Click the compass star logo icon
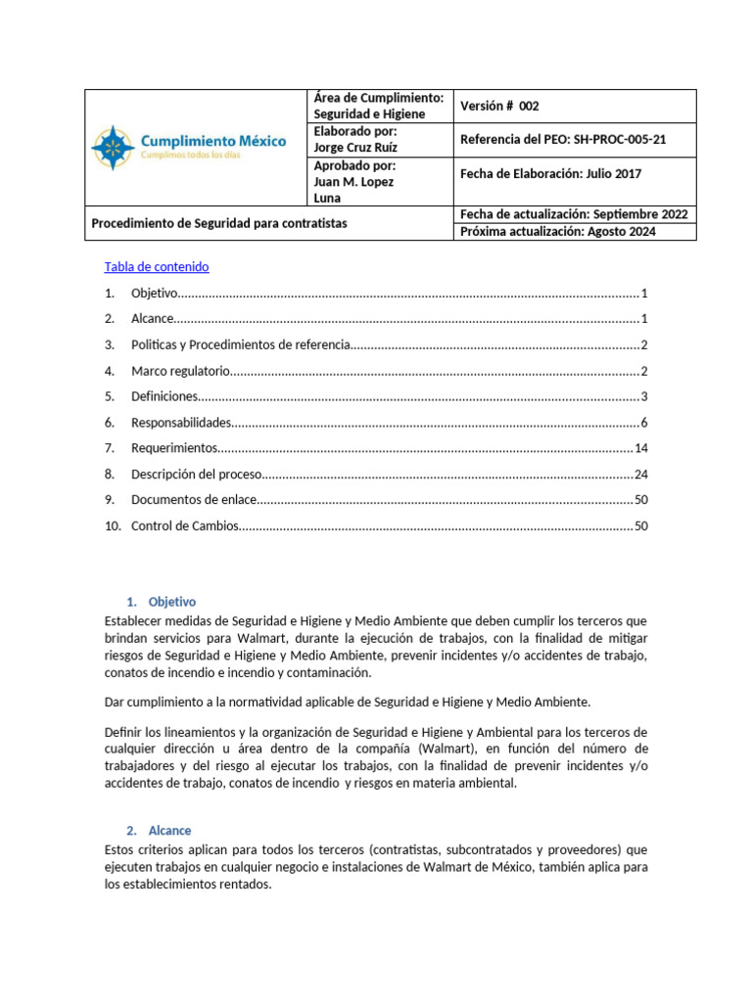coord(114,147)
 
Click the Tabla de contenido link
coord(157,267)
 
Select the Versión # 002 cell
coord(499,106)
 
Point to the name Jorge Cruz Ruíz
coord(355,148)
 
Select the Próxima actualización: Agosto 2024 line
coord(558,232)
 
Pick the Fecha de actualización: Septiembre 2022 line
coord(573,214)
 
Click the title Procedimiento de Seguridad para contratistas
coord(218,223)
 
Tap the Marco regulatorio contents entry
coord(180,371)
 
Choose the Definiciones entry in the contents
coord(164,396)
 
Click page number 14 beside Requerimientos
coord(641,448)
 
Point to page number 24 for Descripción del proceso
coord(641,475)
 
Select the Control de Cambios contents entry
coord(184,526)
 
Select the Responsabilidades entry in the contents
coord(181,423)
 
